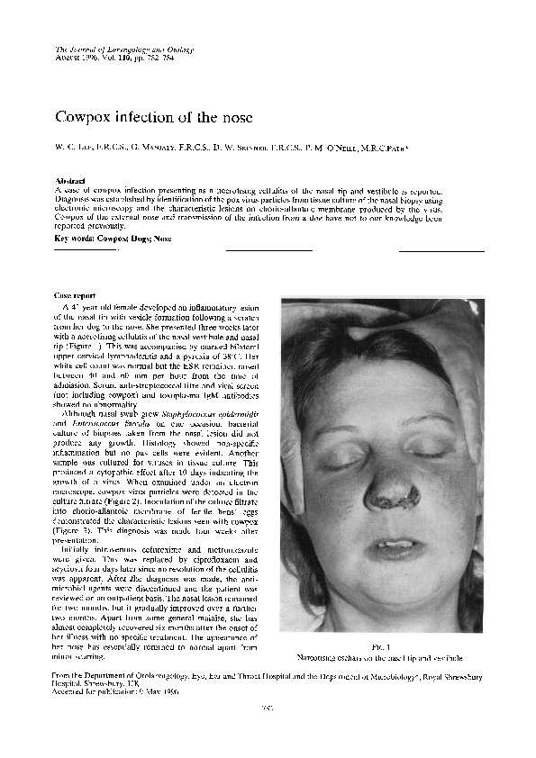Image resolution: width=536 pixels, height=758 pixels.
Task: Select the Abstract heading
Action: [70, 181]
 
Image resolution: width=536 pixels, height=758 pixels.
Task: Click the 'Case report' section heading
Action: [77, 295]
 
